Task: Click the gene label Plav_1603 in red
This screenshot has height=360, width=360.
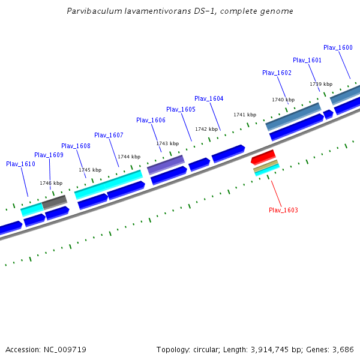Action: point(283,210)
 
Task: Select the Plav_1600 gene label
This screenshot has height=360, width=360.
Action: point(338,47)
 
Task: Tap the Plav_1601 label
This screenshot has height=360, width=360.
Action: point(307,60)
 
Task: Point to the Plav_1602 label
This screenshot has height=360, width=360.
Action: point(277,73)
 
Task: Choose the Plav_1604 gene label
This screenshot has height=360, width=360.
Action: point(209,98)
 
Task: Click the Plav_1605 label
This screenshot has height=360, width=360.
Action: point(181,109)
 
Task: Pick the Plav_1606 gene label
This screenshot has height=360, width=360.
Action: point(151,120)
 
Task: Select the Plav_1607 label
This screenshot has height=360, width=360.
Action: point(109,135)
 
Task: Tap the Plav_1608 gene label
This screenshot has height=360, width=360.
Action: point(76,146)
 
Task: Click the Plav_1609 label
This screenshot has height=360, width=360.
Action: point(49,155)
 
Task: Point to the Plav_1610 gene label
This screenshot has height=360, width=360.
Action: point(20,164)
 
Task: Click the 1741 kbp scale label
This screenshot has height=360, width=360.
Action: point(245,115)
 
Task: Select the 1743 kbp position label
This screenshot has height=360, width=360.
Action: point(167,143)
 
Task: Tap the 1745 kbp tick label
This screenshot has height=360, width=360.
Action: point(90,170)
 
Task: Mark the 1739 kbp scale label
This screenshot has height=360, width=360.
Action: point(321,84)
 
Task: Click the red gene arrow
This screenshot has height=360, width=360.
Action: point(263,157)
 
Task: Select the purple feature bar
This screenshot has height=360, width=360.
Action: point(166,164)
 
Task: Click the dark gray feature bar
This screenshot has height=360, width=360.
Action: point(55,202)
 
